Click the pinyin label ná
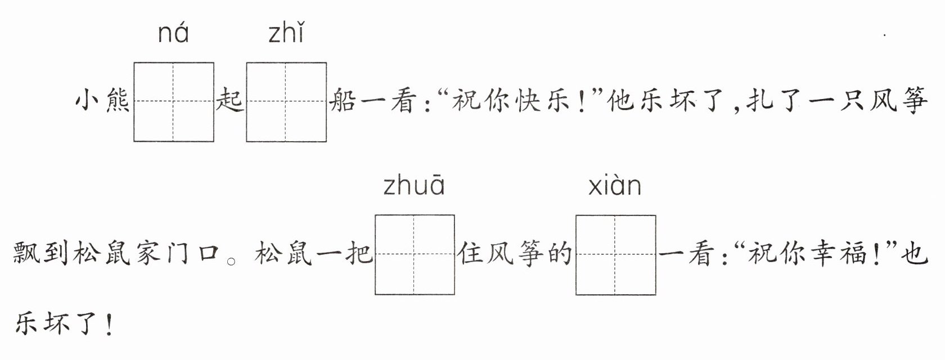coord(173,33)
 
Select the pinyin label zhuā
coord(414,186)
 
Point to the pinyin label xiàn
coord(615,186)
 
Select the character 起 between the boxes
coord(230,101)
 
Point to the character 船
coord(343,101)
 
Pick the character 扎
coord(760,101)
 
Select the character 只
coord(852,101)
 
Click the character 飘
coord(26,253)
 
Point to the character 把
coord(359,253)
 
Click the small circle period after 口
coord(231,262)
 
